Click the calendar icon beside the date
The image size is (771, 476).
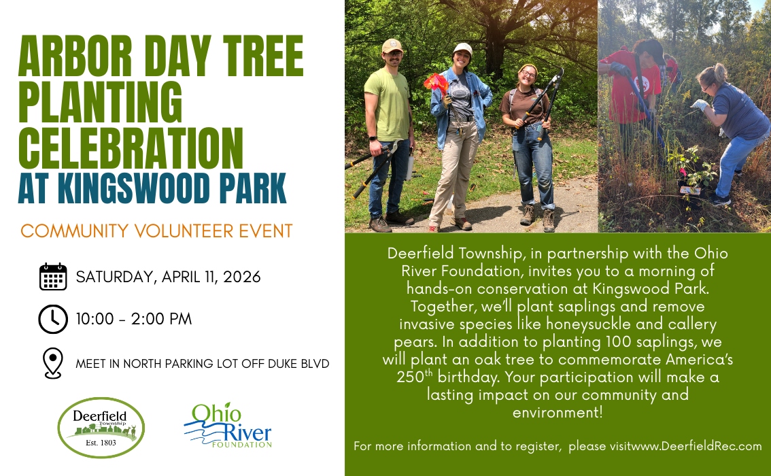click(x=52, y=277)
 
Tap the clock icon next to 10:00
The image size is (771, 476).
click(x=52, y=319)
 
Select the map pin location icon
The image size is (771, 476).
click(x=52, y=363)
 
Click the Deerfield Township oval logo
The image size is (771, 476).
click(x=101, y=428)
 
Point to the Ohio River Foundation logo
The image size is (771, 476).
click(x=228, y=426)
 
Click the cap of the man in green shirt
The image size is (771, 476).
click(x=392, y=46)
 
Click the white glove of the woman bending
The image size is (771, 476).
click(x=699, y=105)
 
